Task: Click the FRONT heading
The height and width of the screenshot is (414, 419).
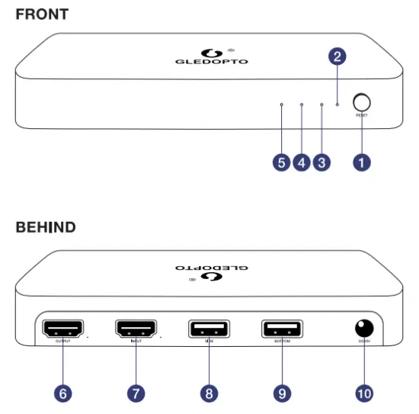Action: click(42, 14)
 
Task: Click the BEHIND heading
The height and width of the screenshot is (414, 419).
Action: click(46, 227)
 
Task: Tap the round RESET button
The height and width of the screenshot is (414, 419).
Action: click(362, 101)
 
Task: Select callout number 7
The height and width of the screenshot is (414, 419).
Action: click(136, 393)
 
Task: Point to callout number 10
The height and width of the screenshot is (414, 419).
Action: click(364, 393)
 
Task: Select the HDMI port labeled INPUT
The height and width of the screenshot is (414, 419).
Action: click(136, 329)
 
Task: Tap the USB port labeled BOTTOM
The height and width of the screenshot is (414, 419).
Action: click(282, 329)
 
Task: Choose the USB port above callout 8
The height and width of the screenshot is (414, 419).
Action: click(209, 329)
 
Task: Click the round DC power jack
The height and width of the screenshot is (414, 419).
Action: click(364, 328)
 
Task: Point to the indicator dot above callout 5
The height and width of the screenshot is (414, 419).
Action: click(282, 104)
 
